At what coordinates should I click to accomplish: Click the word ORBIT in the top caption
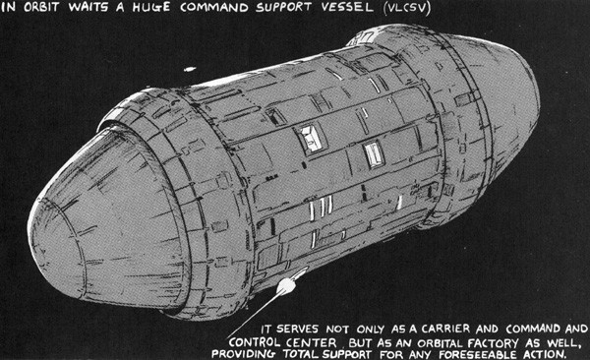tap(41, 7)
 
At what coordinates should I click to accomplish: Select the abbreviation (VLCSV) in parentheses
tap(405, 8)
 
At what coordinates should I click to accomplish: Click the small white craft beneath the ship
tap(287, 284)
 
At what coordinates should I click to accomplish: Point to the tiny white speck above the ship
tap(189, 69)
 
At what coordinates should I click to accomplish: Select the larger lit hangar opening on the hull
tap(311, 139)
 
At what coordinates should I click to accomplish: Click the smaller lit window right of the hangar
tap(375, 154)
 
